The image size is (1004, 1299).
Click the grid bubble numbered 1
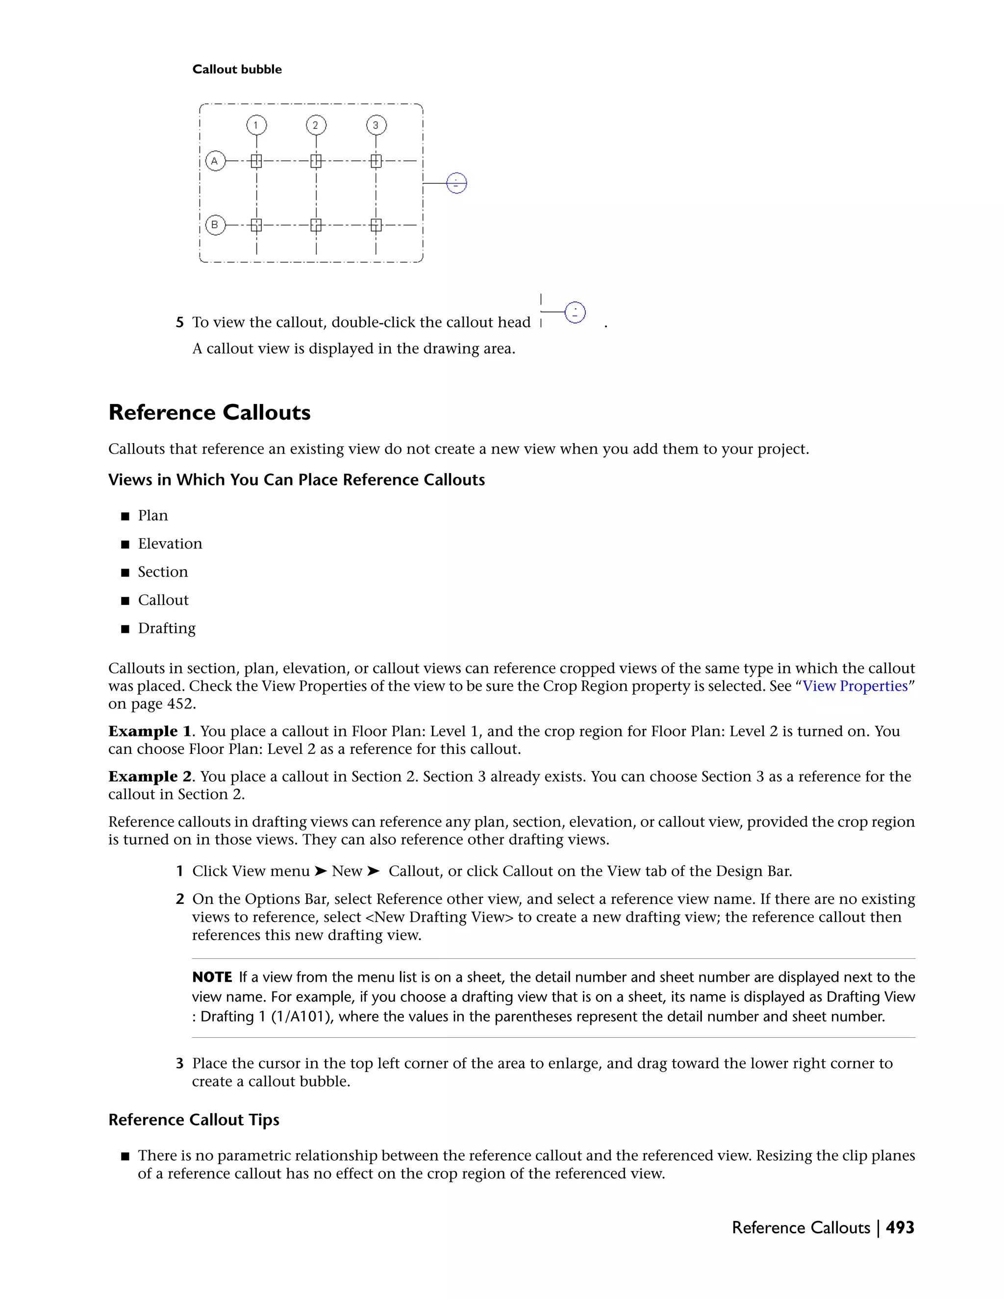click(x=256, y=125)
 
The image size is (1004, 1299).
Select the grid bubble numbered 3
click(x=376, y=125)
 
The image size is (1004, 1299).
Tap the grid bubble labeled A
click(x=215, y=161)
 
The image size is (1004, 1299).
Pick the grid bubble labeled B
click(x=215, y=225)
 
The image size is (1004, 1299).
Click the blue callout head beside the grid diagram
click(x=456, y=183)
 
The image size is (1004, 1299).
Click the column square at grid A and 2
click(x=316, y=161)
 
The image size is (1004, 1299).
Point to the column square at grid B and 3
click(x=376, y=225)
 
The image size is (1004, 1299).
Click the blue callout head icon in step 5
click(x=575, y=312)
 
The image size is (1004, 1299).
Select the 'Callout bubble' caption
click(x=237, y=70)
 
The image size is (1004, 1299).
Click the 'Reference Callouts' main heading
click(x=209, y=413)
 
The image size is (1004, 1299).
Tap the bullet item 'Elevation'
click(x=170, y=544)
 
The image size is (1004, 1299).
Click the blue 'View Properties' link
click(x=854, y=686)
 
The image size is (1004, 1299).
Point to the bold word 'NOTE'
click(x=212, y=977)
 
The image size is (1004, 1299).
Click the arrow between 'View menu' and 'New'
click(x=321, y=872)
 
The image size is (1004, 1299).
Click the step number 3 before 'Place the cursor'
click(x=179, y=1064)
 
